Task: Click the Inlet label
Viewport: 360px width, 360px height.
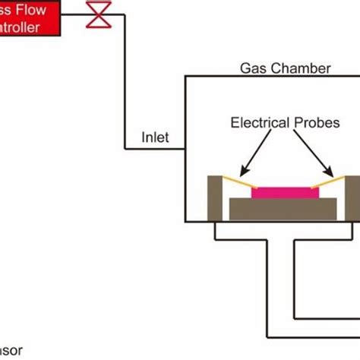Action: [x=156, y=137]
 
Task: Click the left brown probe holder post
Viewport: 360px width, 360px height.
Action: [x=215, y=198]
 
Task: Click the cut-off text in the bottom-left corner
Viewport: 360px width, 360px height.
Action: [x=11, y=350]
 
